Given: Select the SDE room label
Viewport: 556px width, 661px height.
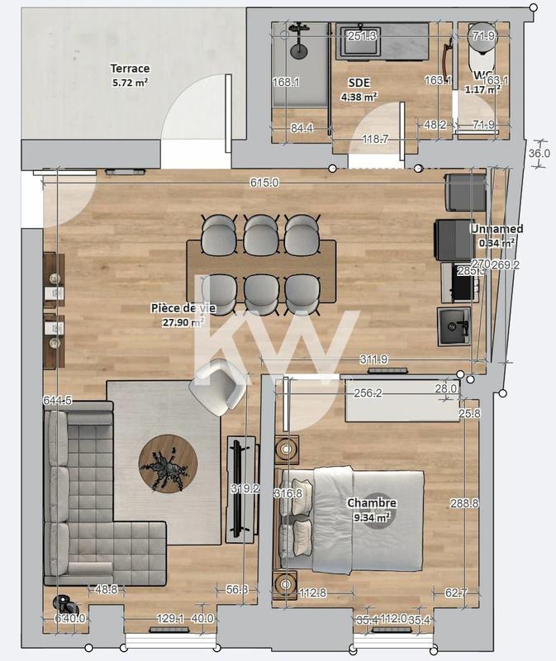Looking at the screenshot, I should click(359, 82).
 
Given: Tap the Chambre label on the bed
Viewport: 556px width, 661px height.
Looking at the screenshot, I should click(371, 502).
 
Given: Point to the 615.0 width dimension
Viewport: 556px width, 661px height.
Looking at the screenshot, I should click(264, 183).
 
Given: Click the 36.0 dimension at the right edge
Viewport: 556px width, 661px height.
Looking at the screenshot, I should click(539, 153).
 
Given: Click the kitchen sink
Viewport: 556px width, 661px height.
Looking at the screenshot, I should click(454, 325).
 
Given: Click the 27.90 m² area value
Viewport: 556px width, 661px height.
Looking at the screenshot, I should click(183, 322).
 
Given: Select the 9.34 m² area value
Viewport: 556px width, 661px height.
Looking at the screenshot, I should click(371, 517).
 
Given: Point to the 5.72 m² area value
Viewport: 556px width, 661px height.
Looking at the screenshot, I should click(129, 83).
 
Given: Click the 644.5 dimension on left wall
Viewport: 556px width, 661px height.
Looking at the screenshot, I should click(57, 400).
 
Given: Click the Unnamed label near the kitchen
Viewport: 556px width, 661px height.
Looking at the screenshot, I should click(496, 229).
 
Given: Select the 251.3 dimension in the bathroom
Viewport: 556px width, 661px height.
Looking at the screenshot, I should click(362, 36).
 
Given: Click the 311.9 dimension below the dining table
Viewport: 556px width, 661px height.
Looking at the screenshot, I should click(375, 359).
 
